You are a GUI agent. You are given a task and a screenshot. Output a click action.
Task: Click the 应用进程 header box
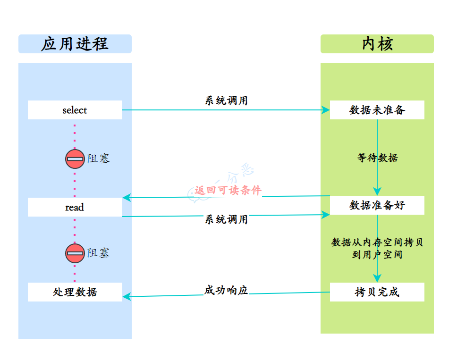[75, 44]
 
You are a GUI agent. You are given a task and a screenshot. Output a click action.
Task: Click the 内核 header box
[377, 44]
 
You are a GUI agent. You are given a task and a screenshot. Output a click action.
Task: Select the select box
[75, 110]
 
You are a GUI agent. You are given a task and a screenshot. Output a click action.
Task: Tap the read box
[75, 207]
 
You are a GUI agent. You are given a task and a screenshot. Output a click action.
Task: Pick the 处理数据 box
[75, 292]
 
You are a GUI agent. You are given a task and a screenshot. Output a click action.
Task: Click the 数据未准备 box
[377, 110]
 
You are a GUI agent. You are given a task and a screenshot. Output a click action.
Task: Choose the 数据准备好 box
[377, 205]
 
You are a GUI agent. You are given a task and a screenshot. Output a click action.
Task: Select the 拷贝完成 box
[377, 292]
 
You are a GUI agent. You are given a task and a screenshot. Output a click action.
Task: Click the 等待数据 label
[377, 158]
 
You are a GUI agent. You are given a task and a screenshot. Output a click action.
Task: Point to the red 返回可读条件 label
[228, 190]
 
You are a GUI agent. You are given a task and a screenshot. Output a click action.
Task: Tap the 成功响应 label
[226, 290]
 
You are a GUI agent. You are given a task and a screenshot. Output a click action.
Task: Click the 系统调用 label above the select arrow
[226, 100]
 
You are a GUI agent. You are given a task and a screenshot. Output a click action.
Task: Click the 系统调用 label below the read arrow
[226, 219]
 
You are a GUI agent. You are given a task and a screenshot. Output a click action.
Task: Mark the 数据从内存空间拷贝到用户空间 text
[377, 248]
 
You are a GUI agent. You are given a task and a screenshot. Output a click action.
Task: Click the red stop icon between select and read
[75, 159]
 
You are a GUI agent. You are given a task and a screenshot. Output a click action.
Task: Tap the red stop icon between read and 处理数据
[75, 253]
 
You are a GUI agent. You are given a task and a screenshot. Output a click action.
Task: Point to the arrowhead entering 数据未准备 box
[326, 110]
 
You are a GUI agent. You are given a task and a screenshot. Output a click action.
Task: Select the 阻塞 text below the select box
[99, 159]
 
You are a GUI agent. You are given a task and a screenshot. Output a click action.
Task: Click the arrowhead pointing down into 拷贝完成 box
[377, 278]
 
